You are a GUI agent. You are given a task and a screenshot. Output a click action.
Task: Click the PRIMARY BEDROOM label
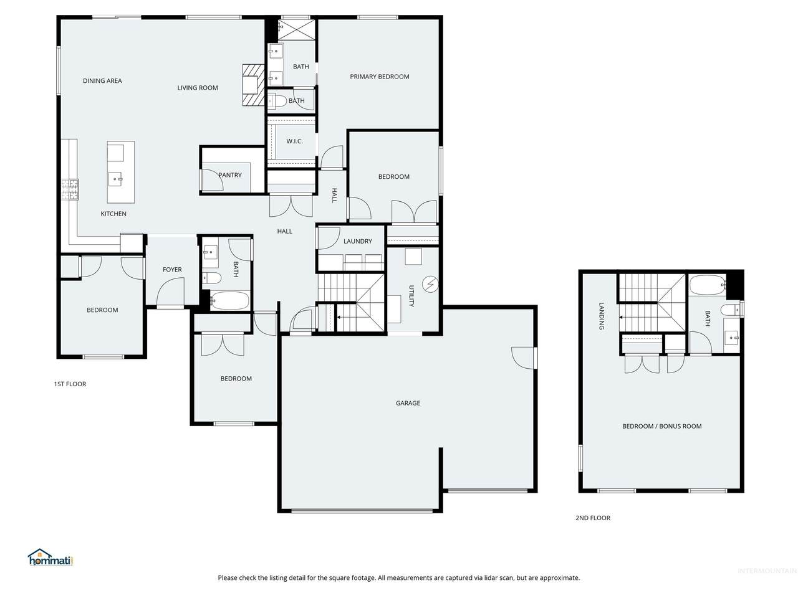pos(379,77)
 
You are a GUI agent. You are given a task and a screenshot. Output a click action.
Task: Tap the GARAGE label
pos(408,403)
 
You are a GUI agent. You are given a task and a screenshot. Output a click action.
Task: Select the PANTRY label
pos(230,175)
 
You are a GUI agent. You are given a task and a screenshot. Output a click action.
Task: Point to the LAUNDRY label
pos(357,241)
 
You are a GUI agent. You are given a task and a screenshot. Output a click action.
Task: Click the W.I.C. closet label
pos(294,141)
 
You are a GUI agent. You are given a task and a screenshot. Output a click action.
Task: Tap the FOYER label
pos(172,269)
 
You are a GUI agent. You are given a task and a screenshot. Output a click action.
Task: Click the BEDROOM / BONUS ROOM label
pos(661,426)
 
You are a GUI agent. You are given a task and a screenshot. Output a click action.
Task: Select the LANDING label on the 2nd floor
pos(602,316)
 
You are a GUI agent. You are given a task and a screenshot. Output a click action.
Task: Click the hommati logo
pos(50,558)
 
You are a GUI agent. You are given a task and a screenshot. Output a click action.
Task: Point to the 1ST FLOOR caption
pos(70,384)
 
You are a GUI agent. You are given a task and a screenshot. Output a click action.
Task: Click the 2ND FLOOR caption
pos(593,518)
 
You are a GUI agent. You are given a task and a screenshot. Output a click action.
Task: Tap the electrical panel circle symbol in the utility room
pos(430,284)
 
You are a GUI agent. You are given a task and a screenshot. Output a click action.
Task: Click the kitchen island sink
pos(117,179)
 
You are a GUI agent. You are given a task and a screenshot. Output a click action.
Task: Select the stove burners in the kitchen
pos(70,189)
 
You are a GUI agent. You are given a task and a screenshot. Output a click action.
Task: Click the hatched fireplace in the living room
pos(253,85)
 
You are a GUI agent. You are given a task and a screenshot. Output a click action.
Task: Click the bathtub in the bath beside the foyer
pos(229,301)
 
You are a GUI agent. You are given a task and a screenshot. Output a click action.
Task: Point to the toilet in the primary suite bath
pos(277,100)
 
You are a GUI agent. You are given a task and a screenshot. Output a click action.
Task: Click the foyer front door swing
pos(170,292)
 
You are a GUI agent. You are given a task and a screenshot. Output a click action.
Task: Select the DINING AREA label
pos(102,80)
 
